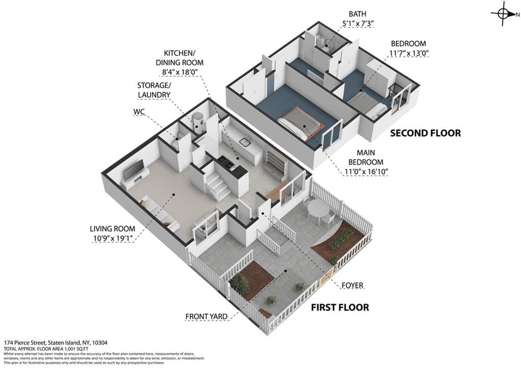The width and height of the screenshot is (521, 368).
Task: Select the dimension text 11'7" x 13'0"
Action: (x=408, y=53)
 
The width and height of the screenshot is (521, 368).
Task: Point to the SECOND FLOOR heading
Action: (x=425, y=133)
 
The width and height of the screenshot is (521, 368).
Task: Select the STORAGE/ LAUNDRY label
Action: (x=153, y=90)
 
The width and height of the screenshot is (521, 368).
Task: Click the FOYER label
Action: (x=352, y=286)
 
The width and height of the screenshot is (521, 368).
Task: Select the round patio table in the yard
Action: (x=319, y=208)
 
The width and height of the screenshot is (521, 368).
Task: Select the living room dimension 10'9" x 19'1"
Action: (x=112, y=238)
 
